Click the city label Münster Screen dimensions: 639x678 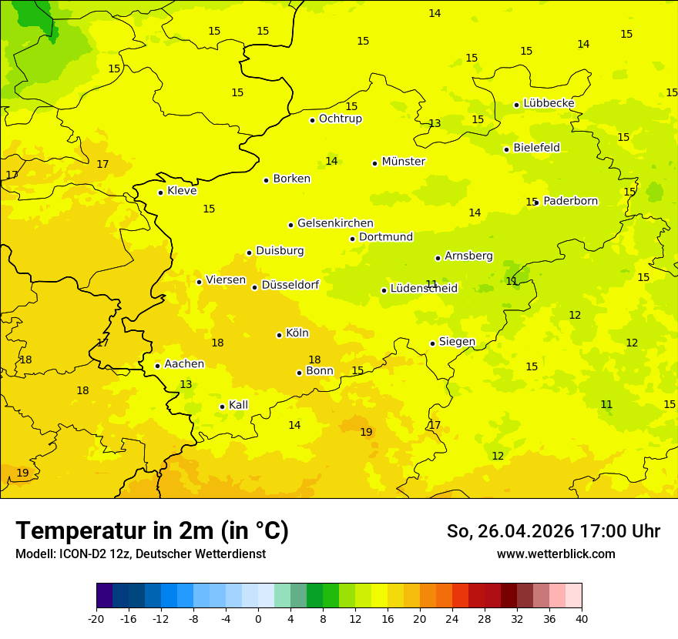point(403,162)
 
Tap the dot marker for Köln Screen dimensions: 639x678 point(279,335)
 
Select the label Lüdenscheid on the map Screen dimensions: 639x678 point(424,289)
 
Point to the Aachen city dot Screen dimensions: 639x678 point(157,366)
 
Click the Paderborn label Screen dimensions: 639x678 point(570,201)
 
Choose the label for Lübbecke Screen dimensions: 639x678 point(549,103)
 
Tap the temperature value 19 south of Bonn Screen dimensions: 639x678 point(366,432)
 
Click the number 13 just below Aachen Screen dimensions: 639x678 point(186,384)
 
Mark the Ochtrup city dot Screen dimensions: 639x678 point(312,120)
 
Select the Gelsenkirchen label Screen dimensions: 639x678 point(335,223)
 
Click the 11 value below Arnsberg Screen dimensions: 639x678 point(431,284)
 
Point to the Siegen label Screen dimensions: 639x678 point(457,342)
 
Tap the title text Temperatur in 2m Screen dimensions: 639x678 point(152,530)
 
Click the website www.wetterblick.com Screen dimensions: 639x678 point(555,554)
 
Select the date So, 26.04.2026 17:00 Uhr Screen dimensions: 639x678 point(553,531)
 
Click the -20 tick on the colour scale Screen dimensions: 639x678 point(96,618)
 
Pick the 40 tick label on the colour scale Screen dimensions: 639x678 point(581,618)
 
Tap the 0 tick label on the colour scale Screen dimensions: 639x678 point(258,618)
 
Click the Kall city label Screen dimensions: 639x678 point(238,405)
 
